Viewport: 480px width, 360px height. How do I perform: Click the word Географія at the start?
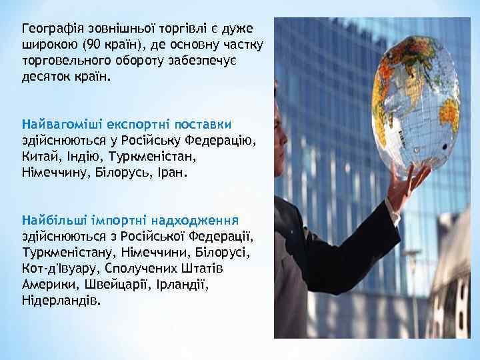(x=51, y=29)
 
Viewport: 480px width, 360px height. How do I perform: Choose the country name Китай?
(x=39, y=156)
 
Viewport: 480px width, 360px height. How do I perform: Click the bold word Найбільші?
(x=53, y=220)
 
